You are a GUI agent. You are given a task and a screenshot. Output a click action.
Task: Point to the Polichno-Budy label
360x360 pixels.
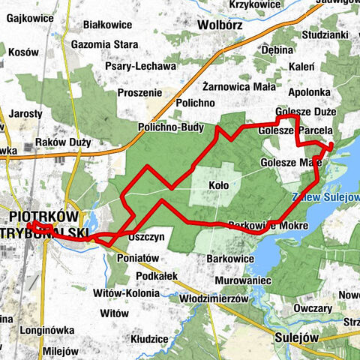pyautogui.click(x=171, y=128)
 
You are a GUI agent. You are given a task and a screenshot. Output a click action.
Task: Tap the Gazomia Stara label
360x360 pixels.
pyautogui.click(x=105, y=45)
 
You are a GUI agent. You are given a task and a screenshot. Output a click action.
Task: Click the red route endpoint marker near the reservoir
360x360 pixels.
pyautogui.click(x=331, y=145)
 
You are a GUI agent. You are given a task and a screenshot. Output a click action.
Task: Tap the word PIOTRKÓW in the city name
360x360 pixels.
pyautogui.click(x=45, y=216)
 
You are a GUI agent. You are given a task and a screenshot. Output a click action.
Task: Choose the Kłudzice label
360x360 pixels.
pyautogui.click(x=148, y=339)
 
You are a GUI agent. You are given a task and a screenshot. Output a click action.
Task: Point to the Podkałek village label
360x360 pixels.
pyautogui.click(x=157, y=275)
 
